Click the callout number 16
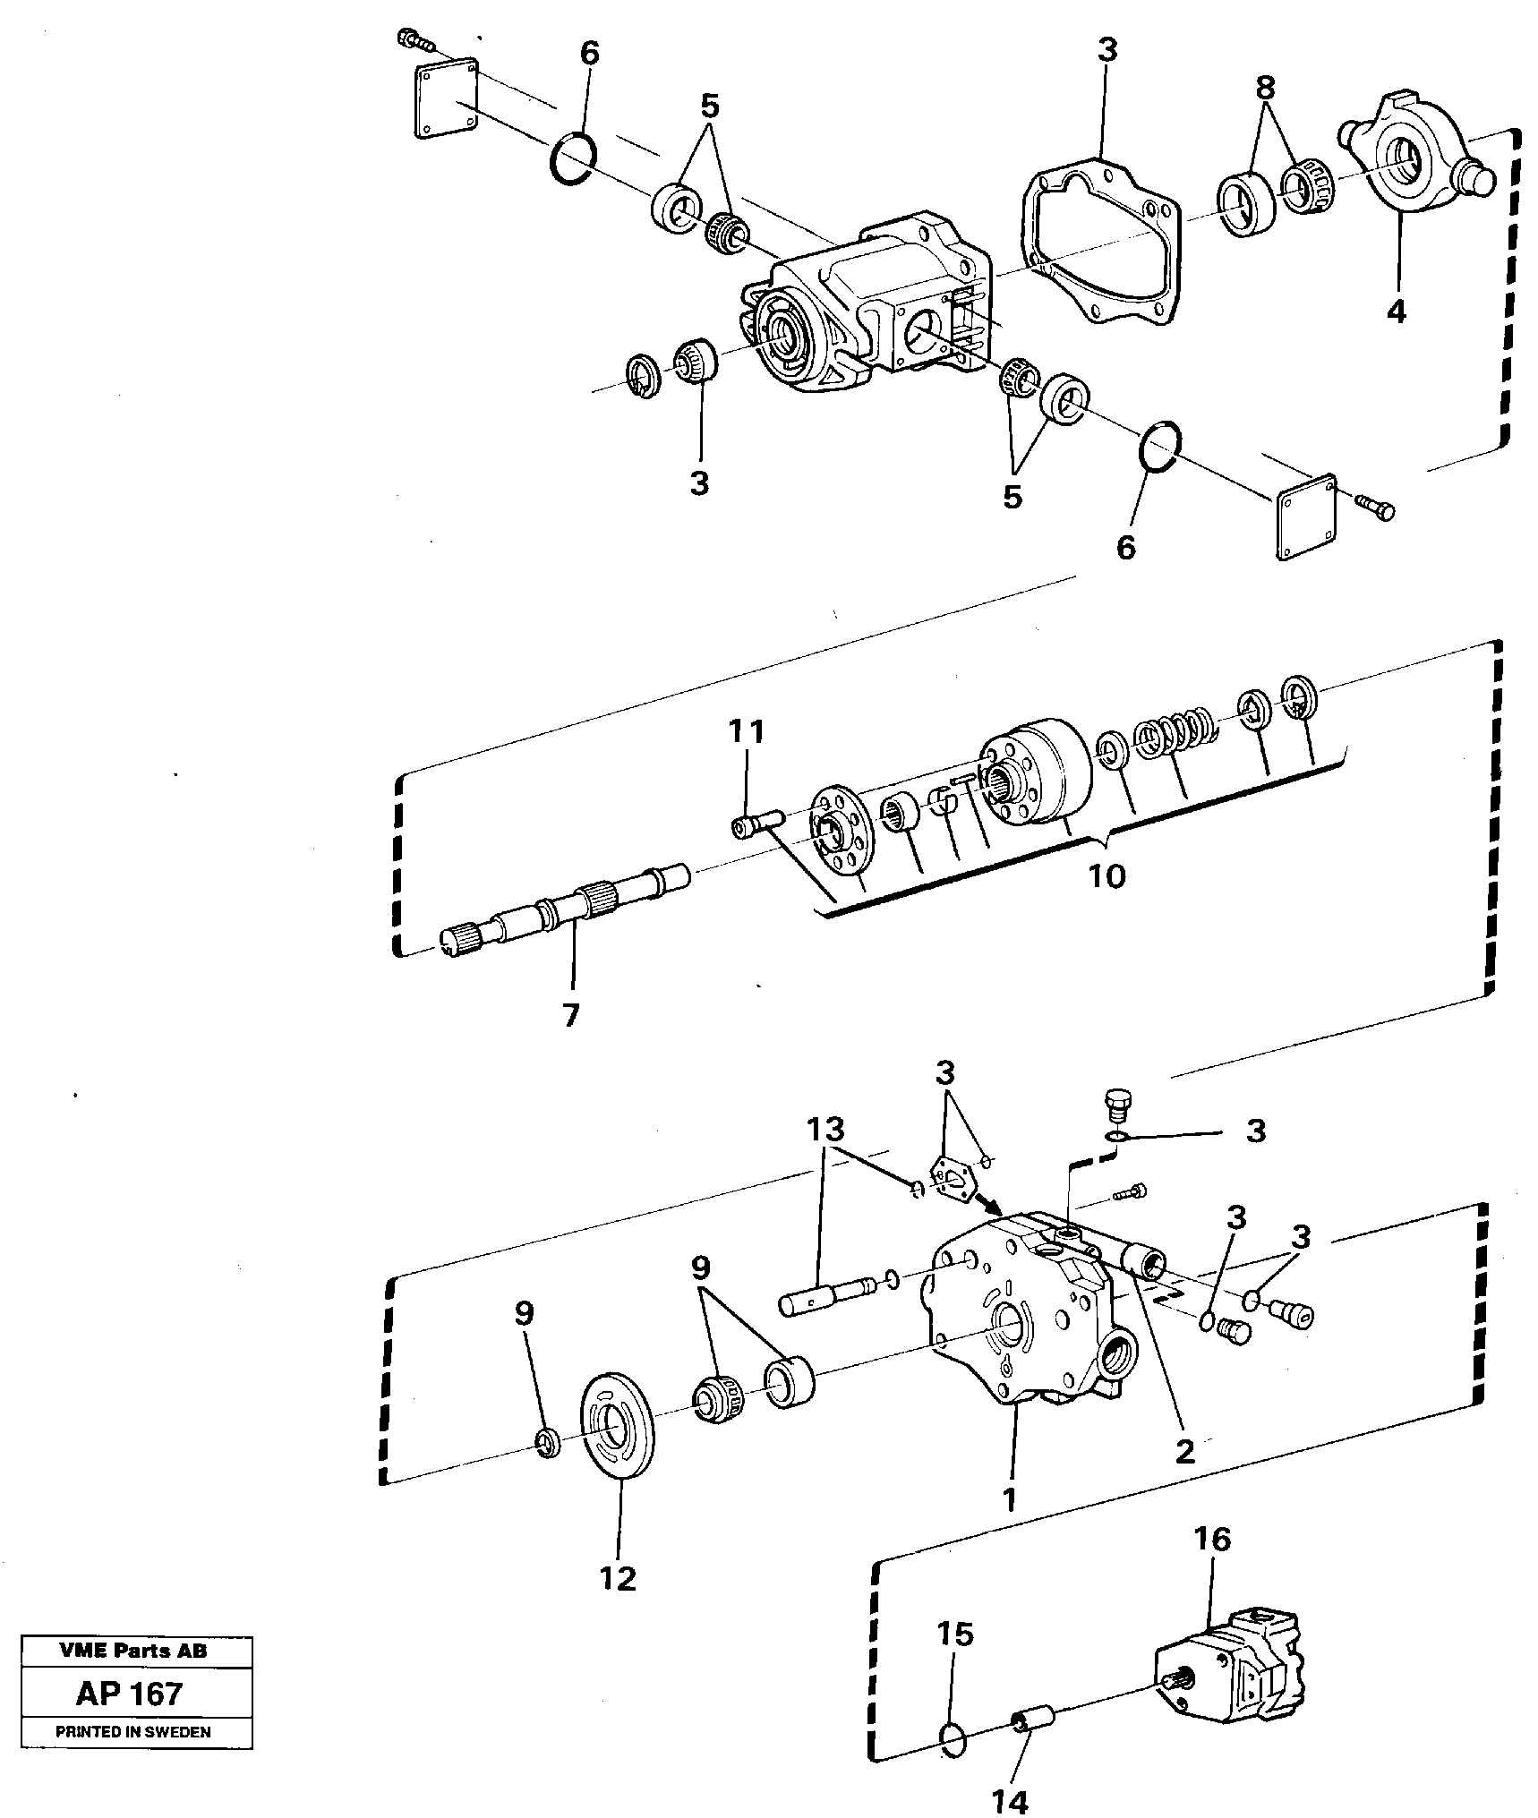click(x=1212, y=1540)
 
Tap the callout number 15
click(x=955, y=1634)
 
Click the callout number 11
click(x=747, y=731)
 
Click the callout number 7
click(x=570, y=1014)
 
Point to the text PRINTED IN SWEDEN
click(x=133, y=1732)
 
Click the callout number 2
click(x=1184, y=1451)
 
